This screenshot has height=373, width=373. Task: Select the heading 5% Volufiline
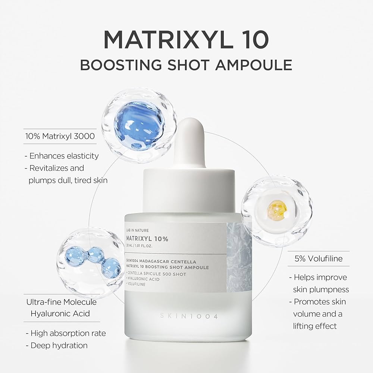click(x=319, y=258)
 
